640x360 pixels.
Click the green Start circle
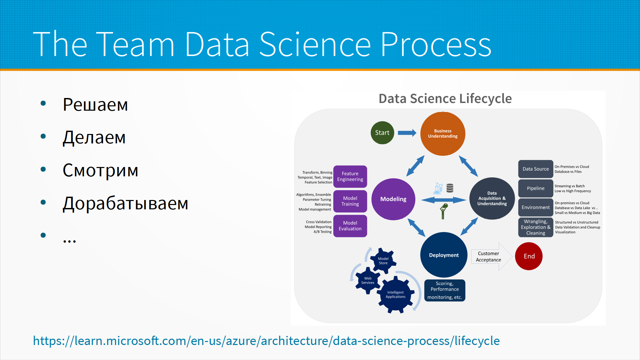point(382,133)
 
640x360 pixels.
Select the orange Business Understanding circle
point(443,134)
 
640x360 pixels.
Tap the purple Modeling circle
point(393,199)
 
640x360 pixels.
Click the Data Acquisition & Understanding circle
point(492,198)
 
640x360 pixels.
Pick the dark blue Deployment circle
point(444,255)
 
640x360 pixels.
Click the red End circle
point(529,256)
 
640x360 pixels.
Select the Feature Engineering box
point(350,176)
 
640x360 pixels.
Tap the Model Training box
point(350,201)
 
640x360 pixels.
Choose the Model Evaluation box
point(350,226)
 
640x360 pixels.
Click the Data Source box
point(535,169)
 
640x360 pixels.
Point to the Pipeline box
point(535,188)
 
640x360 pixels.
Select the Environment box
point(535,207)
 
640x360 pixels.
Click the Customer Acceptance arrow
point(490,257)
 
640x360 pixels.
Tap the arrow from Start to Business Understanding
point(407,133)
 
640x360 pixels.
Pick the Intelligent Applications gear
point(396,295)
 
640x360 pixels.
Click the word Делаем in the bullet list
point(94,137)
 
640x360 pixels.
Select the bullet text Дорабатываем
point(125,203)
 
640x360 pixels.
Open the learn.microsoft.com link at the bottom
point(266,341)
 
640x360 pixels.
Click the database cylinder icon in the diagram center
point(450,188)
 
